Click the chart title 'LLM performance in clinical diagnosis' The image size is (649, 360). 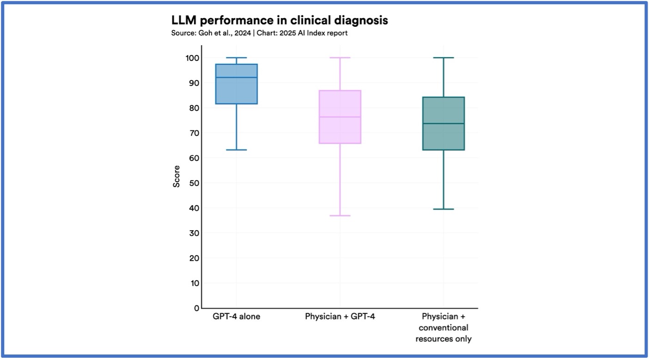coord(279,21)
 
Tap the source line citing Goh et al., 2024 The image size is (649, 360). coord(259,33)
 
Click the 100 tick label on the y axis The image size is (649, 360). coord(193,58)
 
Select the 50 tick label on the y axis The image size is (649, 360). coord(194,183)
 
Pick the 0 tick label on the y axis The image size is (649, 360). coord(196,308)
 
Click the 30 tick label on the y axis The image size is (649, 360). coord(194,233)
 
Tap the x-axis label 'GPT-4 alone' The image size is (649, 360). coord(236,317)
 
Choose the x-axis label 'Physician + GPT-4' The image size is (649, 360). coord(340,317)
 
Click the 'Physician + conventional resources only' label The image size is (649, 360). coord(443,328)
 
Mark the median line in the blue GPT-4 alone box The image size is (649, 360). coord(236,78)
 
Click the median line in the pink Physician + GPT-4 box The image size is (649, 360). coord(340,117)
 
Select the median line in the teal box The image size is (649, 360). coord(443,123)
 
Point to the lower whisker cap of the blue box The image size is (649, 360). coord(236,150)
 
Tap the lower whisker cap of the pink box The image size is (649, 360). coord(340,216)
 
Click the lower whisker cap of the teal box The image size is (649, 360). coord(443,209)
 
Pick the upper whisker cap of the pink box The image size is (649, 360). coord(340,58)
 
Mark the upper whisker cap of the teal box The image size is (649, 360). coord(443,58)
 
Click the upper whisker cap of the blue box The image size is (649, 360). coord(236,58)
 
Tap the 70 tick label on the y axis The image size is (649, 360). coord(194,133)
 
